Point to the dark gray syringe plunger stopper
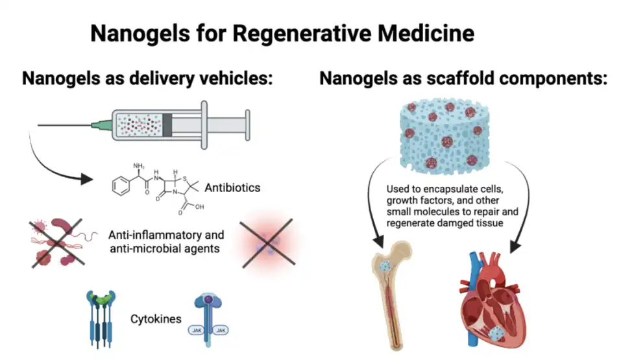[x=167, y=124]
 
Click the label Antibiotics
[x=232, y=188]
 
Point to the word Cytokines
[x=156, y=318]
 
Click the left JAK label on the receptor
[x=197, y=330]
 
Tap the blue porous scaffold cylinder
[x=439, y=134]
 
